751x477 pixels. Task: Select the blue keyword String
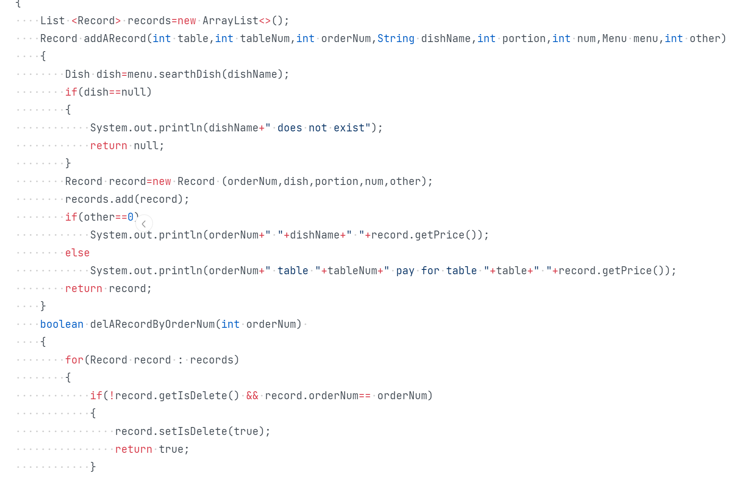click(396, 38)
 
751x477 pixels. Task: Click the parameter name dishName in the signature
click(446, 38)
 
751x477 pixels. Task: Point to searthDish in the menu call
click(190, 74)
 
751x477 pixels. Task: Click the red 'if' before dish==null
click(71, 92)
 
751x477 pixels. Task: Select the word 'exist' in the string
click(349, 128)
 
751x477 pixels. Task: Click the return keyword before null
click(109, 146)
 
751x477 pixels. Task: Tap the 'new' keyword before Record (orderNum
click(162, 181)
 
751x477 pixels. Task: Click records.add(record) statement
click(127, 199)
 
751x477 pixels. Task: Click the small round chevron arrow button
click(144, 224)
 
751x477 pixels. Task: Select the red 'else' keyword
click(77, 253)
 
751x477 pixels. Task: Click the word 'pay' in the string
click(405, 271)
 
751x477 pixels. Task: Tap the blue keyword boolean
click(62, 324)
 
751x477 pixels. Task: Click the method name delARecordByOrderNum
click(152, 324)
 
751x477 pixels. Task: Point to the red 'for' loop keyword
click(74, 360)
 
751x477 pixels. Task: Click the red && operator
click(252, 396)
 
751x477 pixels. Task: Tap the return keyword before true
click(134, 449)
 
